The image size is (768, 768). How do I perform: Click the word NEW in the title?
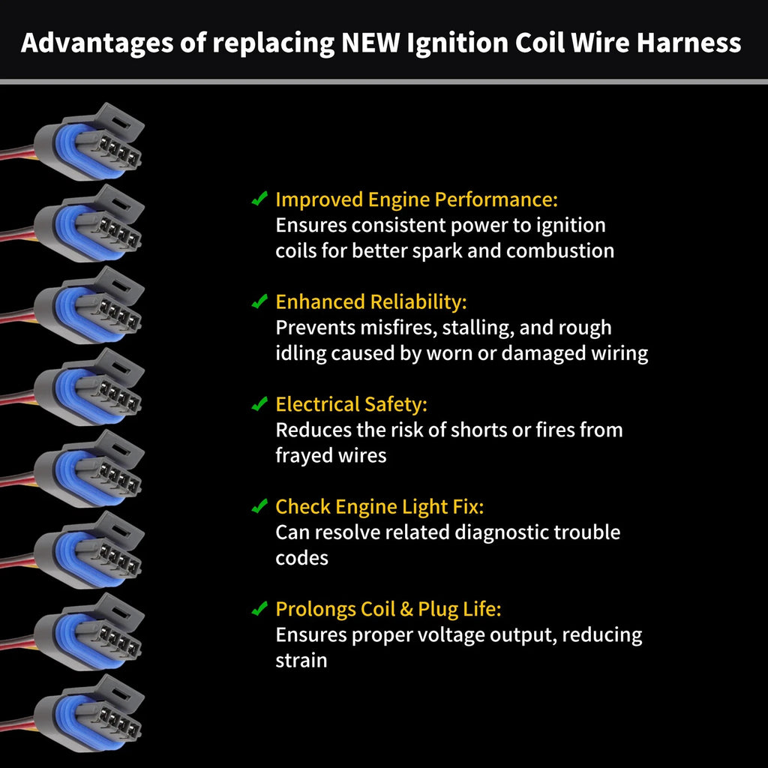[x=370, y=42]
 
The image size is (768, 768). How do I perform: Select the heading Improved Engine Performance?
[x=416, y=199]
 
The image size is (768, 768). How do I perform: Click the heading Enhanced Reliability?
[x=370, y=302]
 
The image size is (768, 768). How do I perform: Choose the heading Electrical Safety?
[x=351, y=404]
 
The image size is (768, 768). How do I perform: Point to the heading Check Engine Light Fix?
[x=379, y=507]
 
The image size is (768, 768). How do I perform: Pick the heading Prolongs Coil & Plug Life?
[x=388, y=609]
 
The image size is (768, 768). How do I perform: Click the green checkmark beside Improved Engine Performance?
[x=259, y=198]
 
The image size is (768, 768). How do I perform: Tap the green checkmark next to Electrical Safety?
[x=259, y=403]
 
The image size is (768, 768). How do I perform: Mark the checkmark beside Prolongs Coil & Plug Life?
[x=259, y=607]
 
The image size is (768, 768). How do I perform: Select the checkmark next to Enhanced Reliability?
[x=259, y=301]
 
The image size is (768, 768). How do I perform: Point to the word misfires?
[x=398, y=328]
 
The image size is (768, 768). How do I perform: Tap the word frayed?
[x=301, y=456]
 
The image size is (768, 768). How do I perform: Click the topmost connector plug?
[x=89, y=142]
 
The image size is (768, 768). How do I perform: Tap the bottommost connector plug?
[x=89, y=714]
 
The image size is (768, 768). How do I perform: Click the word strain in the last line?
[x=301, y=660]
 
